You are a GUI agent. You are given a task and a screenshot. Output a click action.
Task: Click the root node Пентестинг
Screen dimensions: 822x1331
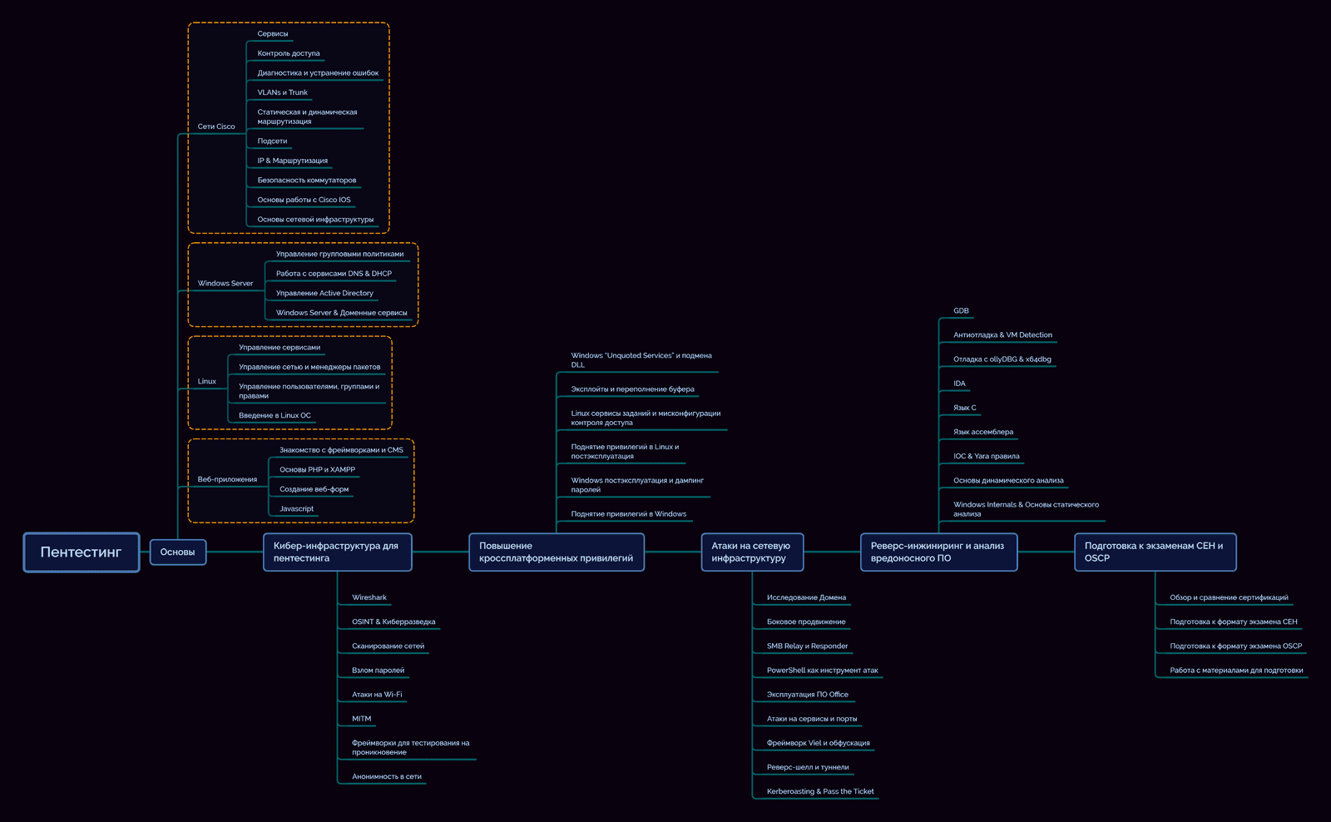[x=81, y=552]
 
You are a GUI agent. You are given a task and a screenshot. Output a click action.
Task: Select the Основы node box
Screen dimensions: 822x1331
[x=177, y=552]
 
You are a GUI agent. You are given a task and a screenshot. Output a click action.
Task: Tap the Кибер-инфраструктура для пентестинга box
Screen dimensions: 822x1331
[x=337, y=552]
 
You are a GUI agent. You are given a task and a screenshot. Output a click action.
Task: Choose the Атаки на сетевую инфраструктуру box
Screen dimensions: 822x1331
[x=751, y=552]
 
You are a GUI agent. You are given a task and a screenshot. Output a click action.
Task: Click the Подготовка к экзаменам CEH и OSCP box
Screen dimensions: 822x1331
[x=1154, y=552]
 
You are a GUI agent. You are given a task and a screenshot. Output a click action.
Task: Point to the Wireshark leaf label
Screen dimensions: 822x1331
[x=369, y=597]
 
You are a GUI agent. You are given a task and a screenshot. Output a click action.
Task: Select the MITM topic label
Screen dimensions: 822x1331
[x=362, y=719]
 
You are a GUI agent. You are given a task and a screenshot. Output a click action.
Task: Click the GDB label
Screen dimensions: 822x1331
[x=961, y=311]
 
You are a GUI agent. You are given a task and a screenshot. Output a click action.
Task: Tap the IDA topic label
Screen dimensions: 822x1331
[x=959, y=384]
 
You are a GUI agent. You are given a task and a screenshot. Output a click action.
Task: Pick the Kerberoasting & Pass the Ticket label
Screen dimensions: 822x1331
[x=820, y=791]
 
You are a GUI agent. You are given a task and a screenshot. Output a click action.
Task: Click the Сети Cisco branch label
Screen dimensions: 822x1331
[x=216, y=126]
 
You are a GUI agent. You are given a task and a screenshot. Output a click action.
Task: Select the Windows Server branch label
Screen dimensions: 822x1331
[x=225, y=284]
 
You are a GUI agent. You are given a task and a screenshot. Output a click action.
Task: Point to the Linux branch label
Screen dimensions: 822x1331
[x=207, y=382]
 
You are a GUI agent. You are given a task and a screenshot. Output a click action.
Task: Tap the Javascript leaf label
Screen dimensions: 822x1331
[x=297, y=509]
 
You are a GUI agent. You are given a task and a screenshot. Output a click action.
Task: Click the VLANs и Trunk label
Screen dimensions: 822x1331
[x=282, y=92]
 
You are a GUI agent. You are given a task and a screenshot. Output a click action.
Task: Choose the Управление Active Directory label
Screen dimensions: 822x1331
[x=324, y=293]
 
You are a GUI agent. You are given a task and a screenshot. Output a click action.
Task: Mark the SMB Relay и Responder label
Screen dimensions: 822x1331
[x=807, y=646]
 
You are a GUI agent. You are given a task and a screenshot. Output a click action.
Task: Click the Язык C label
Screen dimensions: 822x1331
[x=965, y=408]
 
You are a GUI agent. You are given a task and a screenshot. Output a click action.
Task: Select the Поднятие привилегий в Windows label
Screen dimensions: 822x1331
[x=628, y=514]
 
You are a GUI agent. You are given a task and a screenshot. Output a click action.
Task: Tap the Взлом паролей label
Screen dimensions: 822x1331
[x=378, y=671]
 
